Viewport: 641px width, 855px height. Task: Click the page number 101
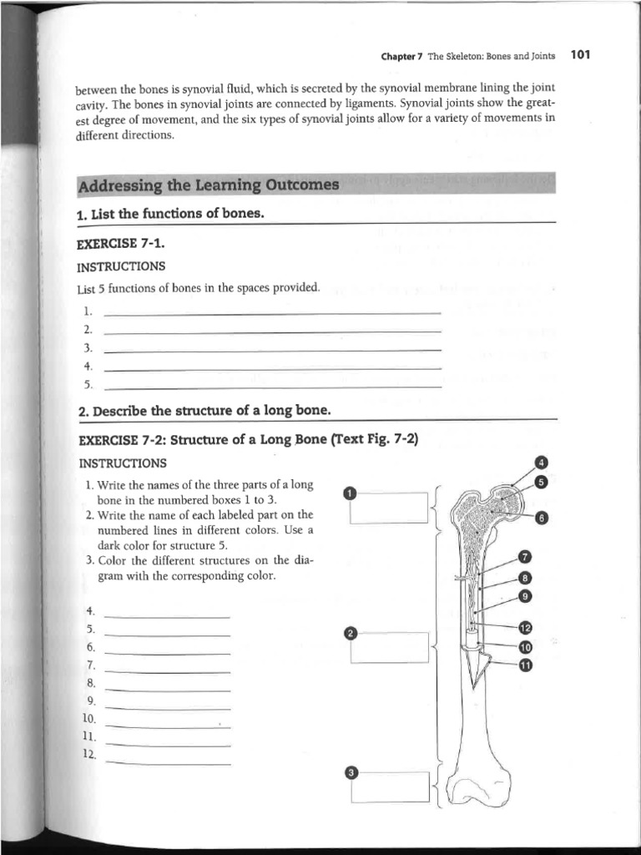580,56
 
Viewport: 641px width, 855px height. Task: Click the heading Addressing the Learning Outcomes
208,185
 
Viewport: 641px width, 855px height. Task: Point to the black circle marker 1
350,492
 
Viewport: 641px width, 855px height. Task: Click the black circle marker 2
351,633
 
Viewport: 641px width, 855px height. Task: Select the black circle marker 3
351,773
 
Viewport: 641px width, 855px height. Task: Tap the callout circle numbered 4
541,463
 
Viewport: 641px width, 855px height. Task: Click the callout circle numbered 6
541,518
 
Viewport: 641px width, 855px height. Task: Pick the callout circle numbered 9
525,595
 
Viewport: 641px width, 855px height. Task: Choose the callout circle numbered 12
525,628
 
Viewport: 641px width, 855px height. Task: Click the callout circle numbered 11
525,665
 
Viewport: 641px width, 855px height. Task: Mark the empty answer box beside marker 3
389,787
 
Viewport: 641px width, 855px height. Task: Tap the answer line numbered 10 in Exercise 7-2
168,724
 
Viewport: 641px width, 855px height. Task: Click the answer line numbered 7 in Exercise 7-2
168,670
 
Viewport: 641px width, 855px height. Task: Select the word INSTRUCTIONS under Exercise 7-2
123,463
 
